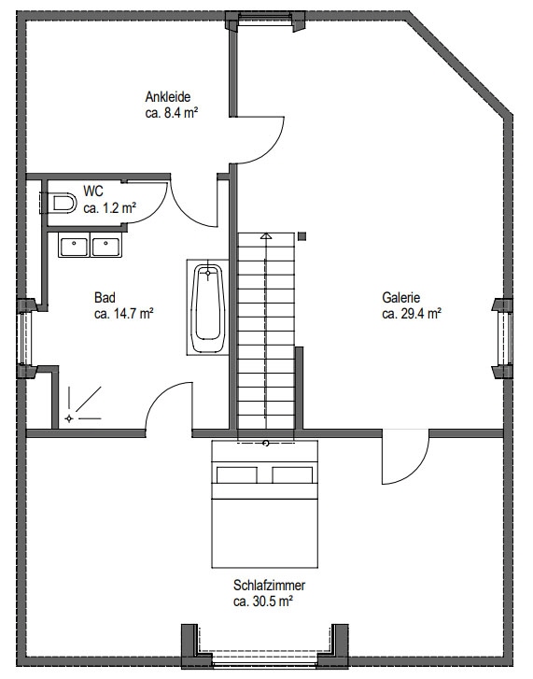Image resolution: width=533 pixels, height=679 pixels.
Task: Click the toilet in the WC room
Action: tap(63, 203)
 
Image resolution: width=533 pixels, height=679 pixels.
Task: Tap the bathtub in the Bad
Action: tap(208, 307)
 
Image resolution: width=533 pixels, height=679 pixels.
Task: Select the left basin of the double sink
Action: tap(75, 245)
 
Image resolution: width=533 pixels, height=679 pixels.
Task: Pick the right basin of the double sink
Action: tap(106, 245)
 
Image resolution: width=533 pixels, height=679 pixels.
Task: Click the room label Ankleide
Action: tap(168, 96)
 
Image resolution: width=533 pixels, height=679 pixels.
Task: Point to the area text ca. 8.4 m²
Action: tap(172, 113)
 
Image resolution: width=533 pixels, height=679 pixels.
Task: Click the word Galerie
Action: tap(401, 298)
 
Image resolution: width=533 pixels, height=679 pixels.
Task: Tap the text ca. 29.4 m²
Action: tap(412, 314)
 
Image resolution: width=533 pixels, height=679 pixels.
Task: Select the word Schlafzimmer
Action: tap(269, 585)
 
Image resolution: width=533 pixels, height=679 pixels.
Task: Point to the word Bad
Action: tap(105, 298)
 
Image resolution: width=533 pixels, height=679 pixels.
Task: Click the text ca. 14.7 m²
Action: tap(124, 314)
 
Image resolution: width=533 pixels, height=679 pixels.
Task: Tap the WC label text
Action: tap(93, 191)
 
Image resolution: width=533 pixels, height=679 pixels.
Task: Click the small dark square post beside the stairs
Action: tap(302, 236)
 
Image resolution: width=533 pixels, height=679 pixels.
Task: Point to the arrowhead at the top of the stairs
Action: tap(266, 236)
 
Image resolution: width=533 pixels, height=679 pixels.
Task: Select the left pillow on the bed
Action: tap(237, 475)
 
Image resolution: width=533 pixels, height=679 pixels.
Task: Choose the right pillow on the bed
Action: tap(292, 475)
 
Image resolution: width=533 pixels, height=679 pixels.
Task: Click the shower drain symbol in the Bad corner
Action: tap(69, 418)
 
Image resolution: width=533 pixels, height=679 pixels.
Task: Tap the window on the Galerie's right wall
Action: tap(504, 338)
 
